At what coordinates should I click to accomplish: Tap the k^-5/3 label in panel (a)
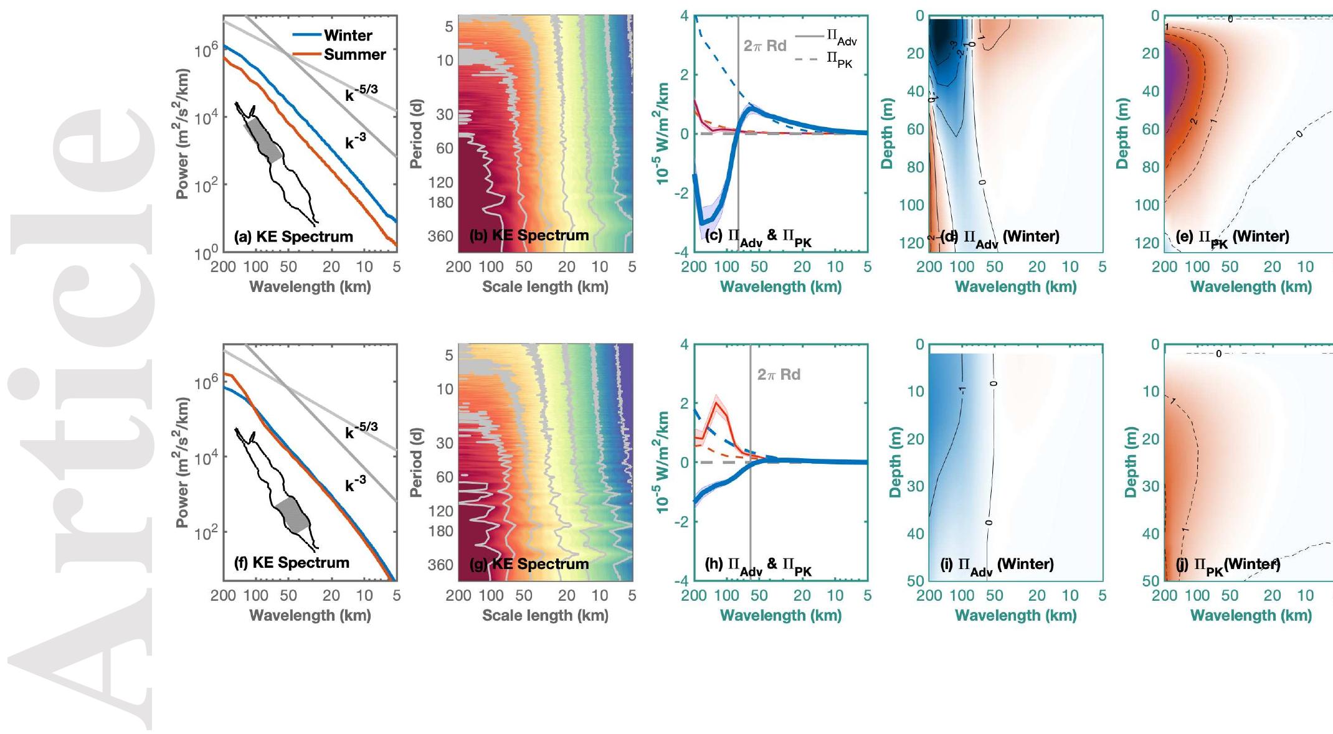(361, 93)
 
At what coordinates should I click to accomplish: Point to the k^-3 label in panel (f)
(356, 483)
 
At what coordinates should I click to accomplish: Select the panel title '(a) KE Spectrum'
(293, 237)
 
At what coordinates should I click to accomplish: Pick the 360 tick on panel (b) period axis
(440, 237)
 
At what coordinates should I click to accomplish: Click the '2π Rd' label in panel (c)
(765, 46)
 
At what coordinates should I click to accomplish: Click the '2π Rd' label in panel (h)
(779, 375)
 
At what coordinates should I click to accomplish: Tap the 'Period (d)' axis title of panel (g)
(417, 462)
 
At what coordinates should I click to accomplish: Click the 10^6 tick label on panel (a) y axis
(206, 50)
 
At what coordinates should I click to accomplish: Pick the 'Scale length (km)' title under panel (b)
(545, 287)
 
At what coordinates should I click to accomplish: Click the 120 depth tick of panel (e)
(1147, 243)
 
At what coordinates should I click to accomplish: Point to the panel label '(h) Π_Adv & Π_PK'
(757, 565)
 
